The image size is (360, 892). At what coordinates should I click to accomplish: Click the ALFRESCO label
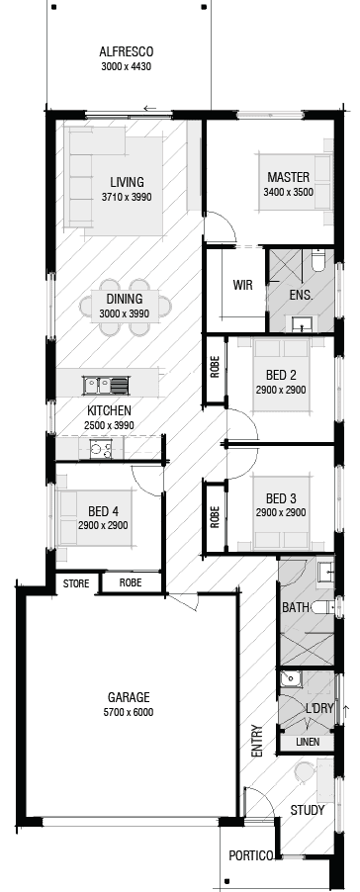coord(127,52)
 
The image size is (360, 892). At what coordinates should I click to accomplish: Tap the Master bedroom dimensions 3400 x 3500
coord(288,192)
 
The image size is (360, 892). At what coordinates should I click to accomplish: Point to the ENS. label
coord(301,295)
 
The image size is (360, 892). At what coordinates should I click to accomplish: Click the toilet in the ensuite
coord(317,260)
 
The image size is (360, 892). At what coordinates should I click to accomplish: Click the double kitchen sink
coord(106,385)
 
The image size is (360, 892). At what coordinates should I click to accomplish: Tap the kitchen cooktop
coord(100,449)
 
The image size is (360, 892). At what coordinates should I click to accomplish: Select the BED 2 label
coord(281,375)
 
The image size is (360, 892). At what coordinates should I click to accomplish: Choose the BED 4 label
coord(103,511)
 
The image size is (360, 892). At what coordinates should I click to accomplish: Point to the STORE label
coord(76,583)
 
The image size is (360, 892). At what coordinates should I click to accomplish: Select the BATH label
coord(296,606)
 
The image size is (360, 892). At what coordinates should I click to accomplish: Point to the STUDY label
coord(308,811)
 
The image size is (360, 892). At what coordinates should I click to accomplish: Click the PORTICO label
coord(249,856)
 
